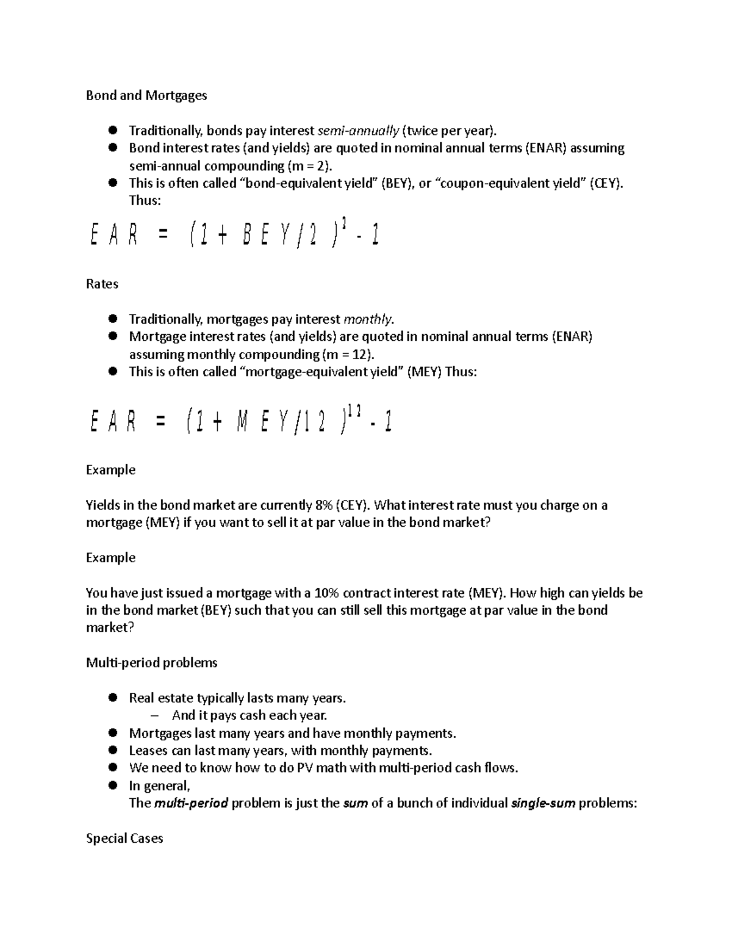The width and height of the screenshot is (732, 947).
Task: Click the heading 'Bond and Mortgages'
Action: (146, 95)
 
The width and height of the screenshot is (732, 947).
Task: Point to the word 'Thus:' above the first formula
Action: (145, 201)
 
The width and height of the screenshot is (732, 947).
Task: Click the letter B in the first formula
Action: (246, 235)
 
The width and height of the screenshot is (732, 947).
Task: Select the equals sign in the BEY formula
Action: (162, 235)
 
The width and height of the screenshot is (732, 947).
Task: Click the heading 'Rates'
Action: (102, 284)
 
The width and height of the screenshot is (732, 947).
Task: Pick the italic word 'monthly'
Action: (368, 320)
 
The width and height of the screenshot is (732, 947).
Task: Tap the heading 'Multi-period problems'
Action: (151, 663)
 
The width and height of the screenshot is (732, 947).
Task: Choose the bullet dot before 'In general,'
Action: (112, 785)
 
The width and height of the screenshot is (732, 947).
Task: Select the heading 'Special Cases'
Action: (124, 838)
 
